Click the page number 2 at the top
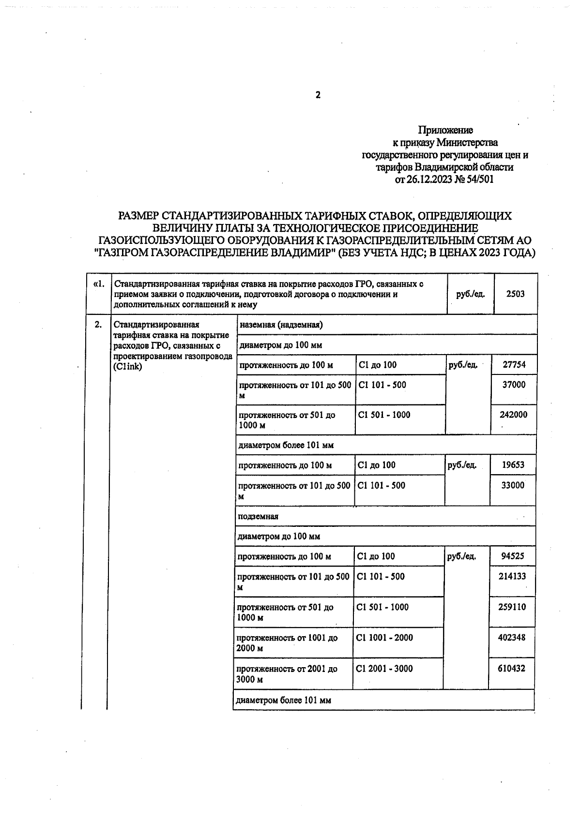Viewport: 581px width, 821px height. coord(318,95)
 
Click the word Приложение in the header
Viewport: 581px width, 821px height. coord(445,130)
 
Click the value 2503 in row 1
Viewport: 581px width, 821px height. coord(515,294)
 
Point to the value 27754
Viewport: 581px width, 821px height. coord(514,365)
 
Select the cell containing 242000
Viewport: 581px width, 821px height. coord(513,415)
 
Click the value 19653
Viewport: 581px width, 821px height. coord(513,465)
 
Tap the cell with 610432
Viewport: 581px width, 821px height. coord(511,669)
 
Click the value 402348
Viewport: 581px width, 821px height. coord(512,638)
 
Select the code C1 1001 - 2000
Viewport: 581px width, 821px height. coord(384,638)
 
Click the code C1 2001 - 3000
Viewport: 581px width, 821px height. coord(384,669)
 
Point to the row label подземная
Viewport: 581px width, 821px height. coord(258,516)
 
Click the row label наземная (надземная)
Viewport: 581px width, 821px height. coord(281,325)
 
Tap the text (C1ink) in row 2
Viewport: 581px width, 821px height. coord(128,367)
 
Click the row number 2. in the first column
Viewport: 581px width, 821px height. coord(98,325)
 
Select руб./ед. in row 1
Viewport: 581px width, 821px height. coord(471,294)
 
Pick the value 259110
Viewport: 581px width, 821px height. coord(512,607)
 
